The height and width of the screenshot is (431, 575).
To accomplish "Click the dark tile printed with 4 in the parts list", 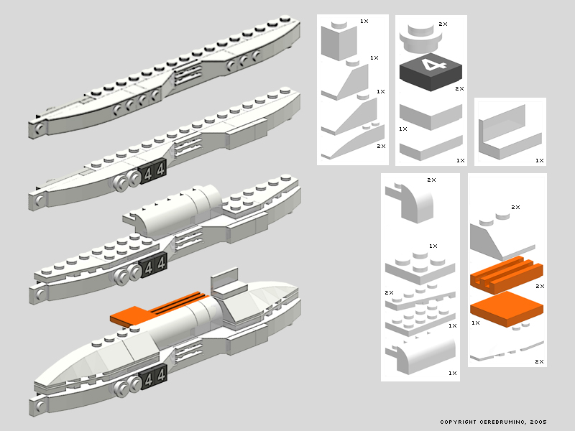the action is pyautogui.click(x=431, y=73).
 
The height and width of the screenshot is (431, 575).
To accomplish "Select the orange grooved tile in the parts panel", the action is pyautogui.click(x=506, y=275).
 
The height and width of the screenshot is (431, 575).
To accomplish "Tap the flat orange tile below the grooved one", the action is pyautogui.click(x=507, y=309).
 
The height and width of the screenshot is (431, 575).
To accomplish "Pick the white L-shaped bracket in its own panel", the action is pyautogui.click(x=510, y=133).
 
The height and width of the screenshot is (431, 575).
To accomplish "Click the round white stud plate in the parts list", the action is pyautogui.click(x=420, y=40).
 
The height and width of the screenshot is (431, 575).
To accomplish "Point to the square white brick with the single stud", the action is pyautogui.click(x=339, y=41).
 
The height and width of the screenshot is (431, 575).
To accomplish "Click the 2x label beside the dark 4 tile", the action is pyautogui.click(x=459, y=88).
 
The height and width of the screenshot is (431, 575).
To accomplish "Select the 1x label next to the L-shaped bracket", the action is pyautogui.click(x=540, y=160).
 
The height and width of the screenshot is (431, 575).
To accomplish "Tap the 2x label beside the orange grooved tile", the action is pyautogui.click(x=540, y=286).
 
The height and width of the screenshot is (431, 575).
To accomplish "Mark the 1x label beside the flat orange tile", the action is pyautogui.click(x=476, y=323).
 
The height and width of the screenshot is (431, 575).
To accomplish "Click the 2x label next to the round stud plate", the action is pyautogui.click(x=443, y=24).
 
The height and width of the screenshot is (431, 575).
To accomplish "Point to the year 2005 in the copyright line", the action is pyautogui.click(x=538, y=422).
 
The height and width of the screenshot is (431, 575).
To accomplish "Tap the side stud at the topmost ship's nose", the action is pyautogui.click(x=40, y=128).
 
